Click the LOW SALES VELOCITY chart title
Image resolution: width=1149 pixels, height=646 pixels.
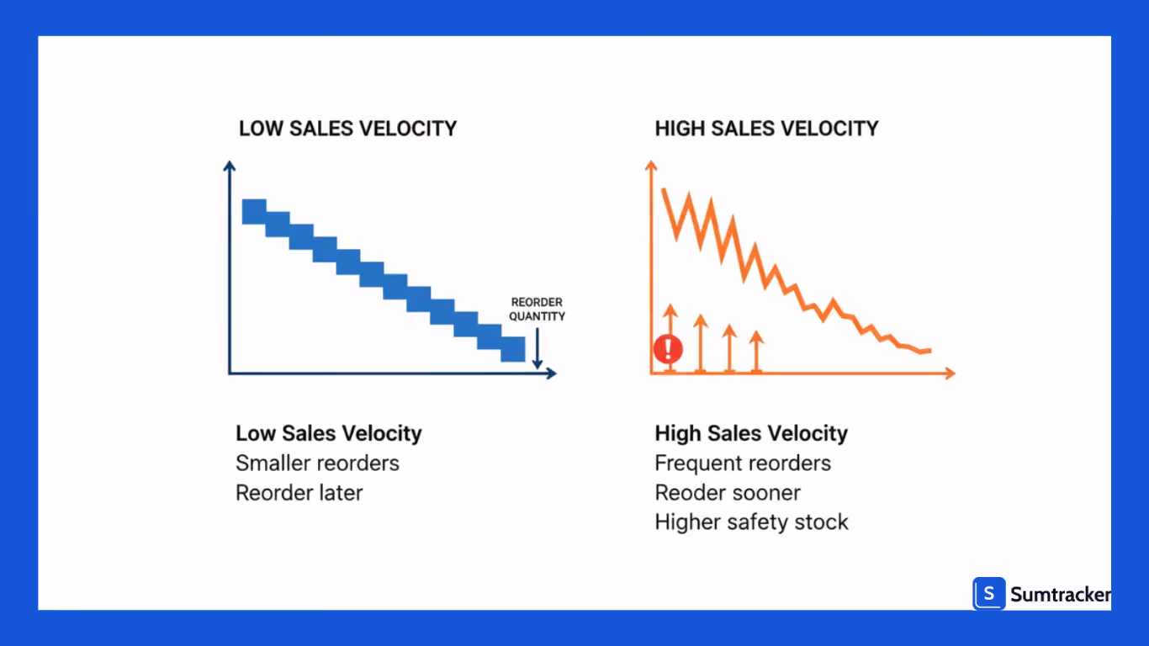click(x=347, y=129)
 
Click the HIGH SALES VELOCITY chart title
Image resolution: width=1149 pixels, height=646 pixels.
click(x=766, y=129)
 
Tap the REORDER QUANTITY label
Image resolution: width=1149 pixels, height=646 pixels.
click(x=537, y=310)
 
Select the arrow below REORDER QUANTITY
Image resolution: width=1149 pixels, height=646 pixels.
click(x=537, y=349)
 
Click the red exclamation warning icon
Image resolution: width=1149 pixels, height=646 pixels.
click(x=669, y=348)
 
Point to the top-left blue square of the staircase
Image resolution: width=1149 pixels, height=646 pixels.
click(x=254, y=212)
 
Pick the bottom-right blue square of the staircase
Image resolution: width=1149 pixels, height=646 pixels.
click(x=513, y=349)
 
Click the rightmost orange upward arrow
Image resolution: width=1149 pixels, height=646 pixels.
click(x=756, y=352)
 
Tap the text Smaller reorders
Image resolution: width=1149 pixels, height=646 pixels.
click(x=317, y=463)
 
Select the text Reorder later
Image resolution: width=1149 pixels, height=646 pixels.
click(x=299, y=493)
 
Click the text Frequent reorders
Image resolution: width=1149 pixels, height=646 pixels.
click(x=743, y=463)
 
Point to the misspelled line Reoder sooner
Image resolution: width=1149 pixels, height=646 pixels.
click(x=728, y=493)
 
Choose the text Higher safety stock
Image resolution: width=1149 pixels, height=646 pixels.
click(x=751, y=522)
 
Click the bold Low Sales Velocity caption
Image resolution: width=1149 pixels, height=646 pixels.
click(x=328, y=434)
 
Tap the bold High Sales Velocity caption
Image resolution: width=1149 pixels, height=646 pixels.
click(x=751, y=434)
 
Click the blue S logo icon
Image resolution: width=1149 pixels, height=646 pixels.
click(x=989, y=594)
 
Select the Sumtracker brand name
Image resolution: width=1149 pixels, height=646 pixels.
click(x=1060, y=595)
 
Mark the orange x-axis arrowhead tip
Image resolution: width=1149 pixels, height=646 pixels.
click(x=953, y=373)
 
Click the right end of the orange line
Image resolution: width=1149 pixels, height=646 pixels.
click(x=929, y=350)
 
